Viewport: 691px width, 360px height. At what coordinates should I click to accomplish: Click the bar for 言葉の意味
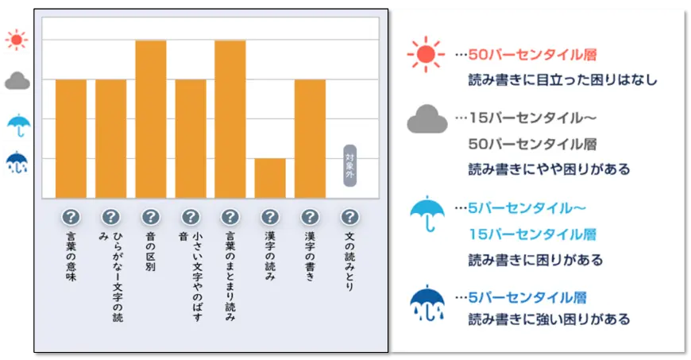point(71,138)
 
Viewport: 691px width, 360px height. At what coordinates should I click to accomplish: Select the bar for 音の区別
point(151,119)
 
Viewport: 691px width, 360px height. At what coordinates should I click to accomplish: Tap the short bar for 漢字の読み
point(270,178)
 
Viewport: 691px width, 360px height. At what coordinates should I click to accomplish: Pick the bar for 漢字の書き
point(311,138)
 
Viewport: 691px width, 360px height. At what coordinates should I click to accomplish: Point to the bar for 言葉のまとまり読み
point(230,119)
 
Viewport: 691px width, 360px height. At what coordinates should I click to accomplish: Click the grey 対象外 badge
point(350,165)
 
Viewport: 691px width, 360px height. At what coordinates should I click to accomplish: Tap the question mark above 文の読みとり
point(350,217)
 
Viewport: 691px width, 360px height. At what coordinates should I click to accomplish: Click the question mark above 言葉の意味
point(71,217)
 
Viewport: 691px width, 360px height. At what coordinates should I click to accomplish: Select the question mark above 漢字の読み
point(270,217)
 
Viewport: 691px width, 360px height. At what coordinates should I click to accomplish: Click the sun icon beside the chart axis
point(17,41)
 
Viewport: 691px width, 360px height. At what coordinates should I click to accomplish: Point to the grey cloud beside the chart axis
point(17,81)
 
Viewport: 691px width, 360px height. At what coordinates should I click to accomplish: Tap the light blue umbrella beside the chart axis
point(19,126)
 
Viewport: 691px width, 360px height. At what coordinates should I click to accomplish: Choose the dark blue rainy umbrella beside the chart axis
point(17,162)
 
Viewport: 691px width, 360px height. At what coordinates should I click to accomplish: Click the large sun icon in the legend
point(426,54)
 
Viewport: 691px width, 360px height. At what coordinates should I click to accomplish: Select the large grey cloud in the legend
point(427,119)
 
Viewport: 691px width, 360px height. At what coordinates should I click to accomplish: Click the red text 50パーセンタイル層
point(532,55)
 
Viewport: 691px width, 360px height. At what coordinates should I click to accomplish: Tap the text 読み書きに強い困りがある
point(549,319)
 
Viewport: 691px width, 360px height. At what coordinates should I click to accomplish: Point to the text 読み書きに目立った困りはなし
point(563,79)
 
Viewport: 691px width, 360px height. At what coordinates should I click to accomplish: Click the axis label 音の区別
point(150,251)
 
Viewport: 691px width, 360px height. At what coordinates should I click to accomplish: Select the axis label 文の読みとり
point(350,261)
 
